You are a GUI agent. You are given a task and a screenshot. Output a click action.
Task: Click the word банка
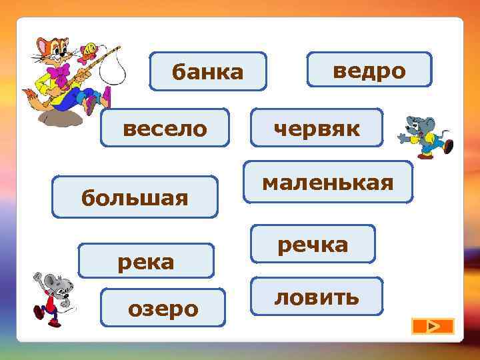coord(208,71)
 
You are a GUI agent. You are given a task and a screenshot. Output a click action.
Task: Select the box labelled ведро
coord(369,69)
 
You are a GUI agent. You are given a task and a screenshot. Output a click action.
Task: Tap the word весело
coord(165,127)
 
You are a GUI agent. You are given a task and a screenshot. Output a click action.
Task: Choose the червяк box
coord(317,127)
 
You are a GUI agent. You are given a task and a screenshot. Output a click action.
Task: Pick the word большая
coord(135,197)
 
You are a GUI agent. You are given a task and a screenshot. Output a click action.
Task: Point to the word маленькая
coord(327,181)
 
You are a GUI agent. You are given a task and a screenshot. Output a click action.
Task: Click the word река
coord(146,261)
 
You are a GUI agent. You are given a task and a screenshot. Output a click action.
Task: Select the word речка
coord(313,244)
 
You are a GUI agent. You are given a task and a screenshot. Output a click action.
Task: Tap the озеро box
coord(163,308)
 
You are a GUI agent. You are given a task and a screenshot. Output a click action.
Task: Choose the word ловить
coord(317,297)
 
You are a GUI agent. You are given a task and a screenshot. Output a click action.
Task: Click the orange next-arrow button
coord(433,326)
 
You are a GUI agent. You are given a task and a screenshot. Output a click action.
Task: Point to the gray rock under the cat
coord(61,117)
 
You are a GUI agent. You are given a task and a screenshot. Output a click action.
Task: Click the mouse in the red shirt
coord(53,297)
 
